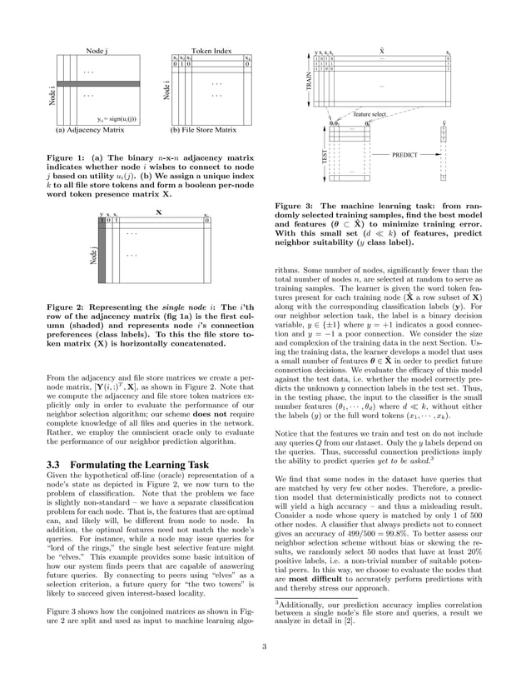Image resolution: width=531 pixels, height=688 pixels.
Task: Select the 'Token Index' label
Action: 211,51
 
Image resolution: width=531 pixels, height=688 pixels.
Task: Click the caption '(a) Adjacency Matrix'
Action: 90,130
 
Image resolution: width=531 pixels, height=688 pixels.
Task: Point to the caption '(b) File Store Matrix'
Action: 203,130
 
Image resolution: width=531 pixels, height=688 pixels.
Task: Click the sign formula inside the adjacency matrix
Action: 110,120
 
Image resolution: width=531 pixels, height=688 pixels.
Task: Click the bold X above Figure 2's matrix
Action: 158,212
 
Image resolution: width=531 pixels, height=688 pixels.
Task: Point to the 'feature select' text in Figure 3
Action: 370,113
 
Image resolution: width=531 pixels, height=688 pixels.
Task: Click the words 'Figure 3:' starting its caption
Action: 295,207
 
